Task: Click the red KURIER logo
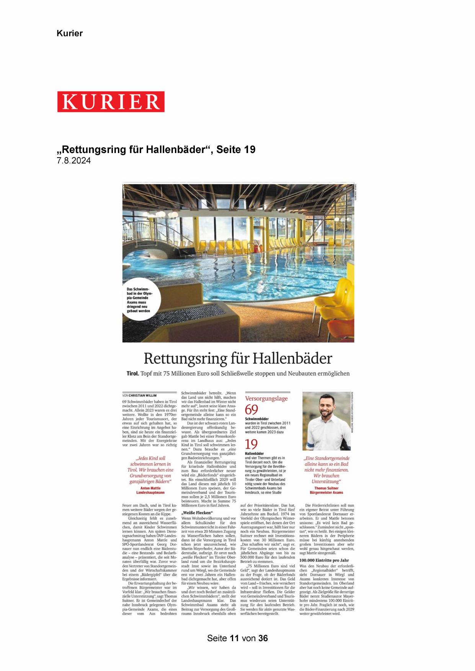(111, 102)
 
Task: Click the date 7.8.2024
(74, 161)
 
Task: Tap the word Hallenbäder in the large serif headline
(292, 359)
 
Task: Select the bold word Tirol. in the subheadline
(132, 373)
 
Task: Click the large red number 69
(251, 410)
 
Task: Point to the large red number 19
(251, 445)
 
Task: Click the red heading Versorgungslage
(266, 398)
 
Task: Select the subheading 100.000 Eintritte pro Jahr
(324, 560)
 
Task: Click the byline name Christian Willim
(142, 395)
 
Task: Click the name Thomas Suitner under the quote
(326, 488)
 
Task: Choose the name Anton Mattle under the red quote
(150, 488)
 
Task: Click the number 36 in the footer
(263, 638)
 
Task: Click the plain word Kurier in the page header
(70, 33)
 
